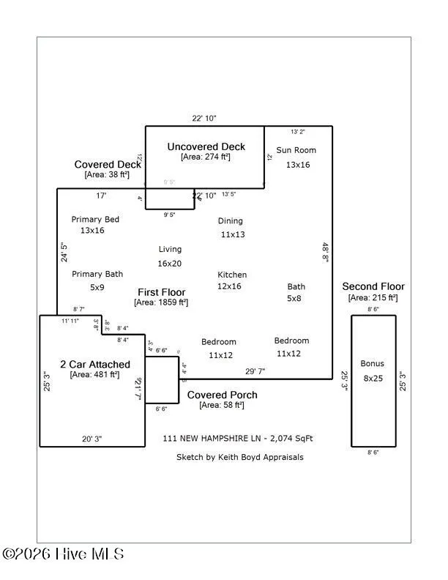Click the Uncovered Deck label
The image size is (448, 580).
pyautogui.click(x=206, y=146)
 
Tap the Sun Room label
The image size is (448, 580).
pyautogui.click(x=296, y=150)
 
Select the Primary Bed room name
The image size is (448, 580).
pyautogui.click(x=95, y=220)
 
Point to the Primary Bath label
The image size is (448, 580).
pyautogui.click(x=97, y=274)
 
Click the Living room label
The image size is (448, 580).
pyautogui.click(x=170, y=250)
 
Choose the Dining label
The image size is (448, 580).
pyautogui.click(x=231, y=220)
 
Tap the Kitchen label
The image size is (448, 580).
pyautogui.click(x=232, y=275)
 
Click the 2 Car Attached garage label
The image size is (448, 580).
pyautogui.click(x=95, y=364)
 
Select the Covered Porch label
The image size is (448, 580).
pyautogui.click(x=222, y=395)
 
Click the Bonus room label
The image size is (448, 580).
pyautogui.click(x=372, y=363)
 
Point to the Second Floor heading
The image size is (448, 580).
pyautogui.click(x=373, y=286)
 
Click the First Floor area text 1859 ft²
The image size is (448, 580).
pyautogui.click(x=161, y=302)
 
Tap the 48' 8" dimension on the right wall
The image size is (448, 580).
pyautogui.click(x=325, y=252)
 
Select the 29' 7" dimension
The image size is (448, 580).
pyautogui.click(x=256, y=371)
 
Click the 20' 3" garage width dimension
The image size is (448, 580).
pyautogui.click(x=92, y=439)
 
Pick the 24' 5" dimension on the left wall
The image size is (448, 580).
pyautogui.click(x=64, y=252)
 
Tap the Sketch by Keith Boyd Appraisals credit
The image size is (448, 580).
pyautogui.click(x=239, y=457)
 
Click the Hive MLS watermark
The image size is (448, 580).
pyautogui.click(x=63, y=554)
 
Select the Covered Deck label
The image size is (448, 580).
pyautogui.click(x=107, y=164)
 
